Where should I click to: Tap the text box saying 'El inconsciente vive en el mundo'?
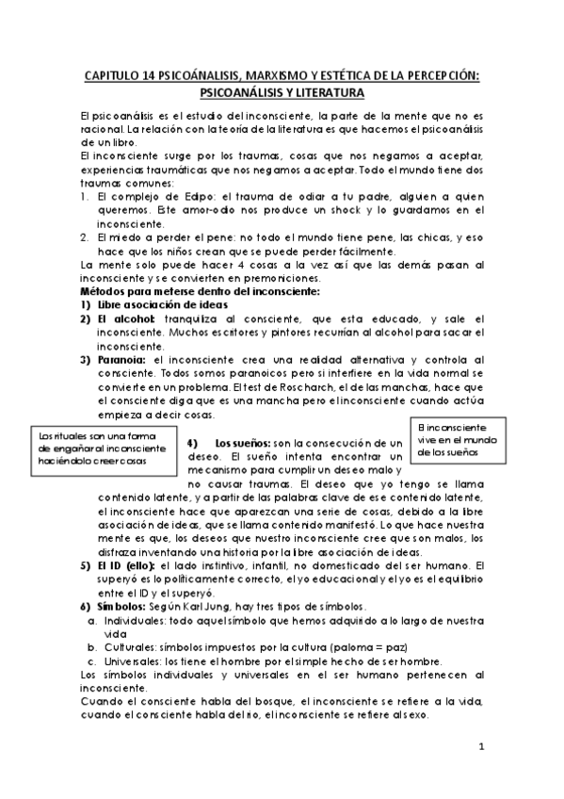click(x=459, y=440)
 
